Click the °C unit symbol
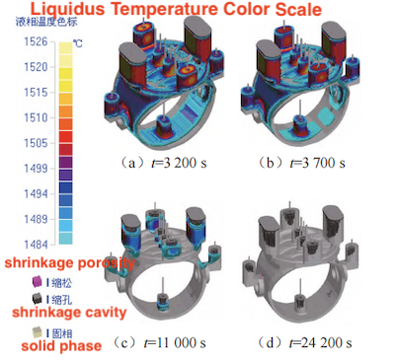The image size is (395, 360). [x=78, y=44]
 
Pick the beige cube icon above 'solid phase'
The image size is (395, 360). [x=38, y=331]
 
